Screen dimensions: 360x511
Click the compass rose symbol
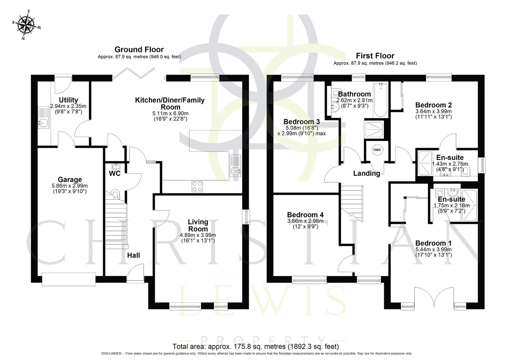[27, 25]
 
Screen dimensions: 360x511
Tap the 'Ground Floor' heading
[139, 50]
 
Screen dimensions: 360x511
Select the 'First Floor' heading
[375, 56]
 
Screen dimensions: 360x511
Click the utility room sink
[43, 123]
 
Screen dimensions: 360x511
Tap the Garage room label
[70, 180]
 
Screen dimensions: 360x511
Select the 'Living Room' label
[198, 225]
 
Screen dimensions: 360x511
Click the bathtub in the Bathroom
[380, 100]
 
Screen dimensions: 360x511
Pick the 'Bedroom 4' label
[305, 215]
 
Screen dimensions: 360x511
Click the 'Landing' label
[367, 173]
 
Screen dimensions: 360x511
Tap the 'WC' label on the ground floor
[114, 174]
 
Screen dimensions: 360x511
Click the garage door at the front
[69, 279]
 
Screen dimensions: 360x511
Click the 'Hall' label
[133, 255]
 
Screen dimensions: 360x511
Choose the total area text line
[255, 346]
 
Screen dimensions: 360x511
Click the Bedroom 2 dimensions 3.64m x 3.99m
[434, 111]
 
